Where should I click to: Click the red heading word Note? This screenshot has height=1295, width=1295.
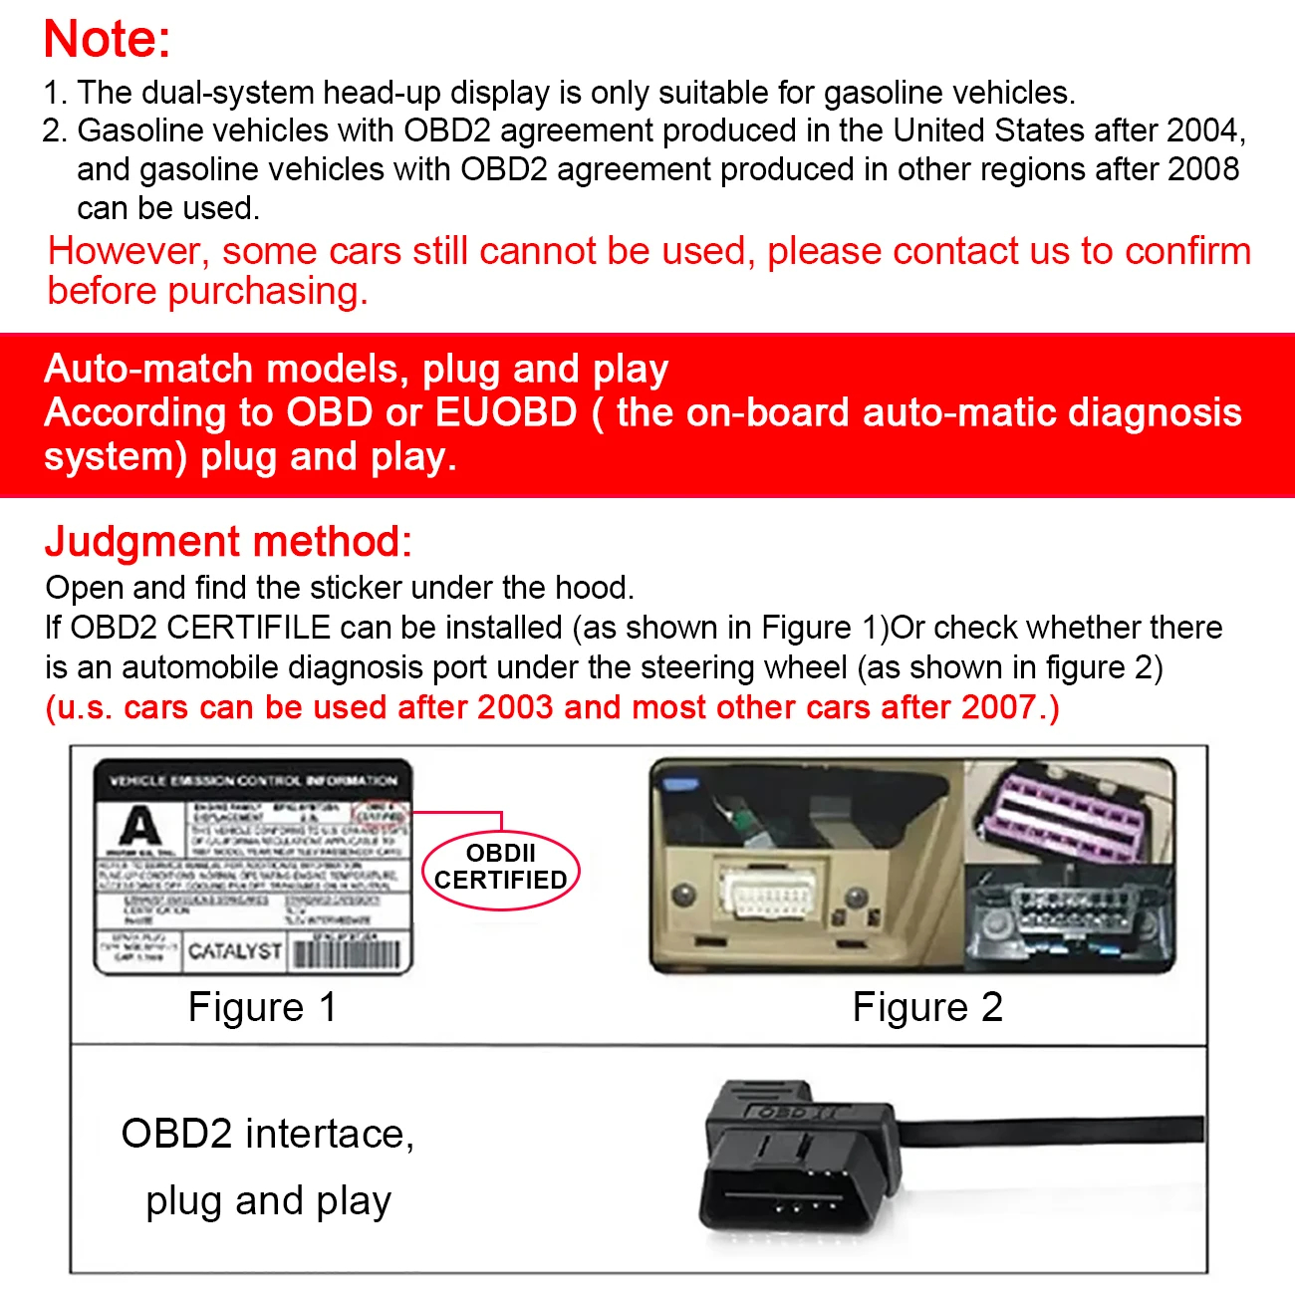point(107,40)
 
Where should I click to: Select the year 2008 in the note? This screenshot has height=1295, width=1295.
point(1203,169)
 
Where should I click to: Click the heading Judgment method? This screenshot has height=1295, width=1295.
point(228,542)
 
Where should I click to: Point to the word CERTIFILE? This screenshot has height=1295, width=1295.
point(248,628)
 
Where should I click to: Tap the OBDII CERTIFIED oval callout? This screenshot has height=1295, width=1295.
point(501,868)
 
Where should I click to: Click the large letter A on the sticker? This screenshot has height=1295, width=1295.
point(139,827)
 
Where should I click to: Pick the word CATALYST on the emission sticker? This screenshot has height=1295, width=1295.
point(234,951)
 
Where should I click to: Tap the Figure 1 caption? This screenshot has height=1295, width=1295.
point(262,1007)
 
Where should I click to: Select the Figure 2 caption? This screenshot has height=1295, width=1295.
point(927,1007)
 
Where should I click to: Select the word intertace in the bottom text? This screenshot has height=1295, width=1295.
point(324,1134)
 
